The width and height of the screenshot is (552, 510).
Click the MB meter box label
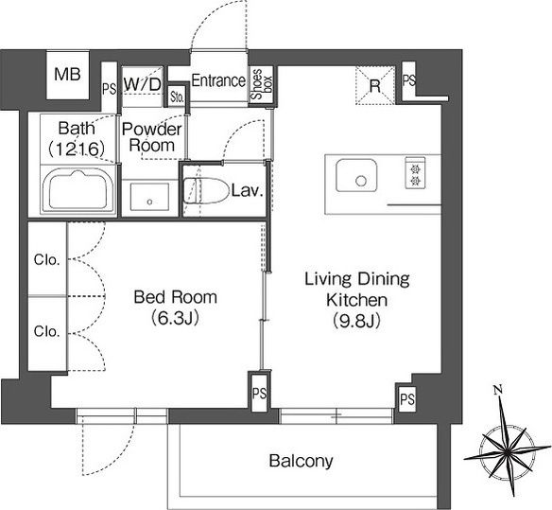coord(68,75)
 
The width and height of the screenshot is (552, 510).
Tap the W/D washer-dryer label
coord(143,84)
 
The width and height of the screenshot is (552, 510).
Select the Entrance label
coord(218,80)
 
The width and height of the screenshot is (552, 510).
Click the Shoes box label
coord(262,84)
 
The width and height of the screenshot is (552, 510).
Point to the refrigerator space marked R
coord(375,86)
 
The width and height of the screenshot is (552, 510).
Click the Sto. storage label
coord(177,97)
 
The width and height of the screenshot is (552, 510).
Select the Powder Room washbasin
coord(149,197)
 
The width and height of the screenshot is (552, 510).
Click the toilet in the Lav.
coord(205,191)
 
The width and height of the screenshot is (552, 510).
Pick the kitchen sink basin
coord(356,176)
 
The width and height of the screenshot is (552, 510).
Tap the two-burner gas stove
coord(415,173)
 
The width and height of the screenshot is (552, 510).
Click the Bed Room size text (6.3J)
coord(175,318)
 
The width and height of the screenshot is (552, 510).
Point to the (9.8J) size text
coord(356,321)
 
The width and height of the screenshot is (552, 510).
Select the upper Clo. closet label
coord(46,260)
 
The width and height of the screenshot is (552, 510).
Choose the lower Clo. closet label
coord(46,331)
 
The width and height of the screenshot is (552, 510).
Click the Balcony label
coord(301,461)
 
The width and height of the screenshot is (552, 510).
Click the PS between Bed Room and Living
coord(259,394)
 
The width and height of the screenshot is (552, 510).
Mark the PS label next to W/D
coord(109,88)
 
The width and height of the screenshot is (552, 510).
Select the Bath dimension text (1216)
coord(77,149)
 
